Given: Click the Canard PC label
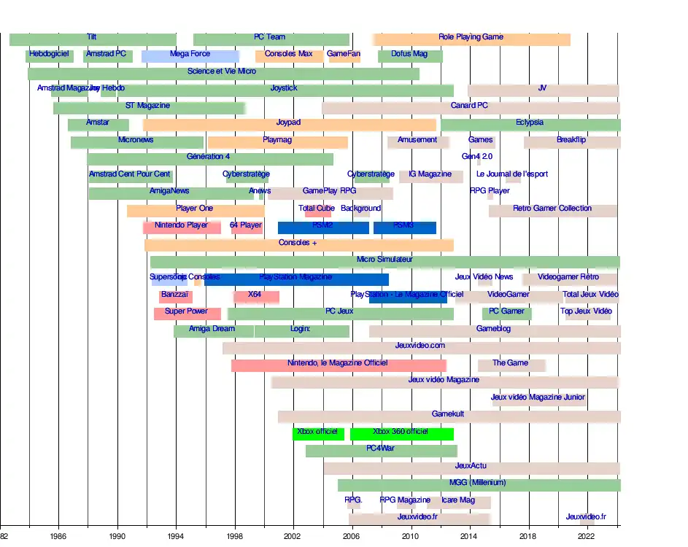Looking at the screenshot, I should pyautogui.click(x=469, y=106).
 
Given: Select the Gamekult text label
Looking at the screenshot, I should pyautogui.click(x=448, y=414).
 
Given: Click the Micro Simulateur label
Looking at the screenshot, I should pyautogui.click(x=384, y=260).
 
